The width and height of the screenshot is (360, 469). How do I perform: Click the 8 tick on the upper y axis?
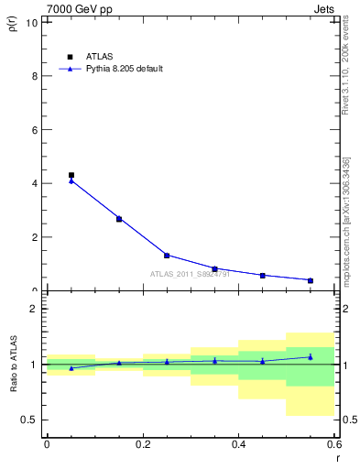click(x=35, y=76)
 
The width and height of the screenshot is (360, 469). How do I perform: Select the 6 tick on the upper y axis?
click(x=35, y=130)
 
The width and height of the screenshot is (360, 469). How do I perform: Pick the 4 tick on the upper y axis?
click(x=35, y=183)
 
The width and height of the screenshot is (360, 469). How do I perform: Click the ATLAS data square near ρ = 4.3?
click(x=71, y=175)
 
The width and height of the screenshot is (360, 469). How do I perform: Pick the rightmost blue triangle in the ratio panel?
click(x=311, y=356)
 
